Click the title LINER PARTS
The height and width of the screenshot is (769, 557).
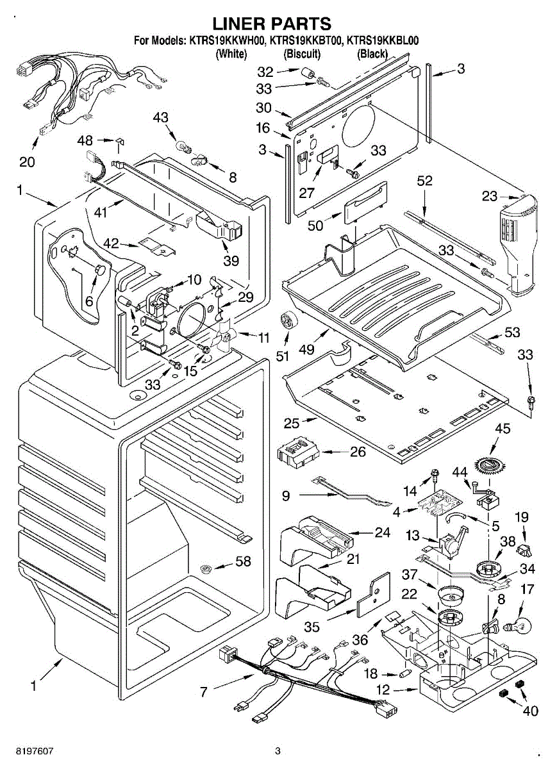272,24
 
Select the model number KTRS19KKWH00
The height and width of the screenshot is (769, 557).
226,41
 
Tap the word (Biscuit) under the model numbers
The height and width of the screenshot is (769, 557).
302,54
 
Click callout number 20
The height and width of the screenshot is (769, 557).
27,161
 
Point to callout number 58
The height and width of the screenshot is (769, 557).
243,562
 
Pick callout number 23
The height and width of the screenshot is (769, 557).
490,196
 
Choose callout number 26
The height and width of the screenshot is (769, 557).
358,452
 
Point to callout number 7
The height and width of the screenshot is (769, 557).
204,692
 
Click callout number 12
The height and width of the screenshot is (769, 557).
382,691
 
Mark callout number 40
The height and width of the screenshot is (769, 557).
530,710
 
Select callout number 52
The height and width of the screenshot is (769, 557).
425,181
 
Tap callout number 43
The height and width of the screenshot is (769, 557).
160,117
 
